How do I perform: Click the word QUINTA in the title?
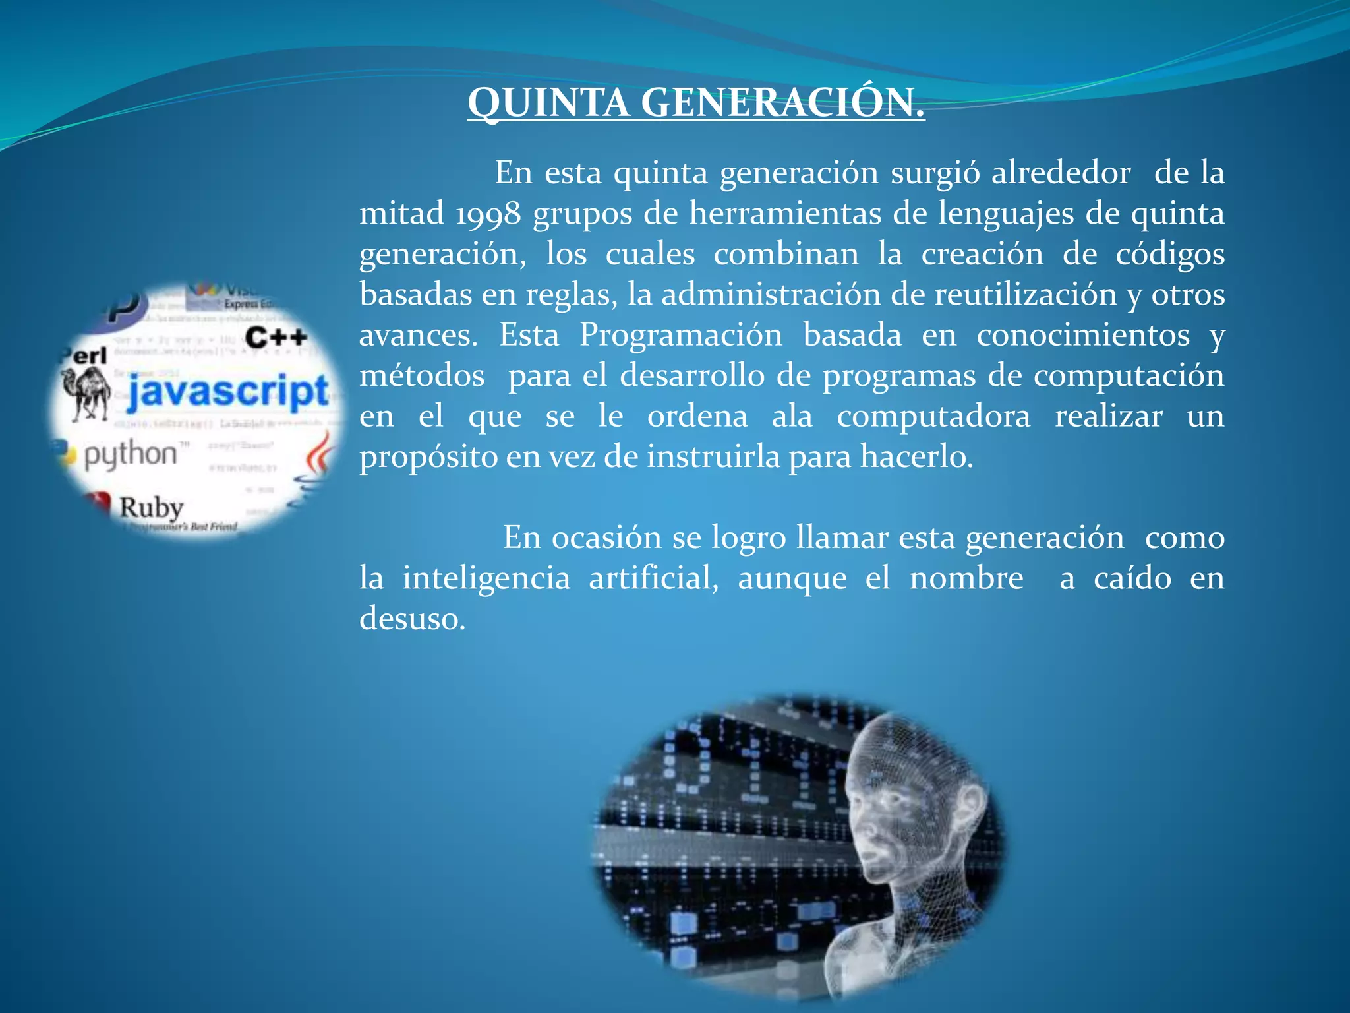(548, 104)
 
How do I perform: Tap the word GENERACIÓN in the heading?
(782, 104)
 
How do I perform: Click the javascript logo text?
(227, 391)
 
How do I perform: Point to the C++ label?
(276, 338)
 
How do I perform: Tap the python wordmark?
(131, 455)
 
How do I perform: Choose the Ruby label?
(151, 508)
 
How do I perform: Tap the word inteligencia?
(486, 578)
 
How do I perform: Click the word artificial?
(653, 578)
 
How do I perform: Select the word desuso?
(412, 619)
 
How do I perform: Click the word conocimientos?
(1083, 335)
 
